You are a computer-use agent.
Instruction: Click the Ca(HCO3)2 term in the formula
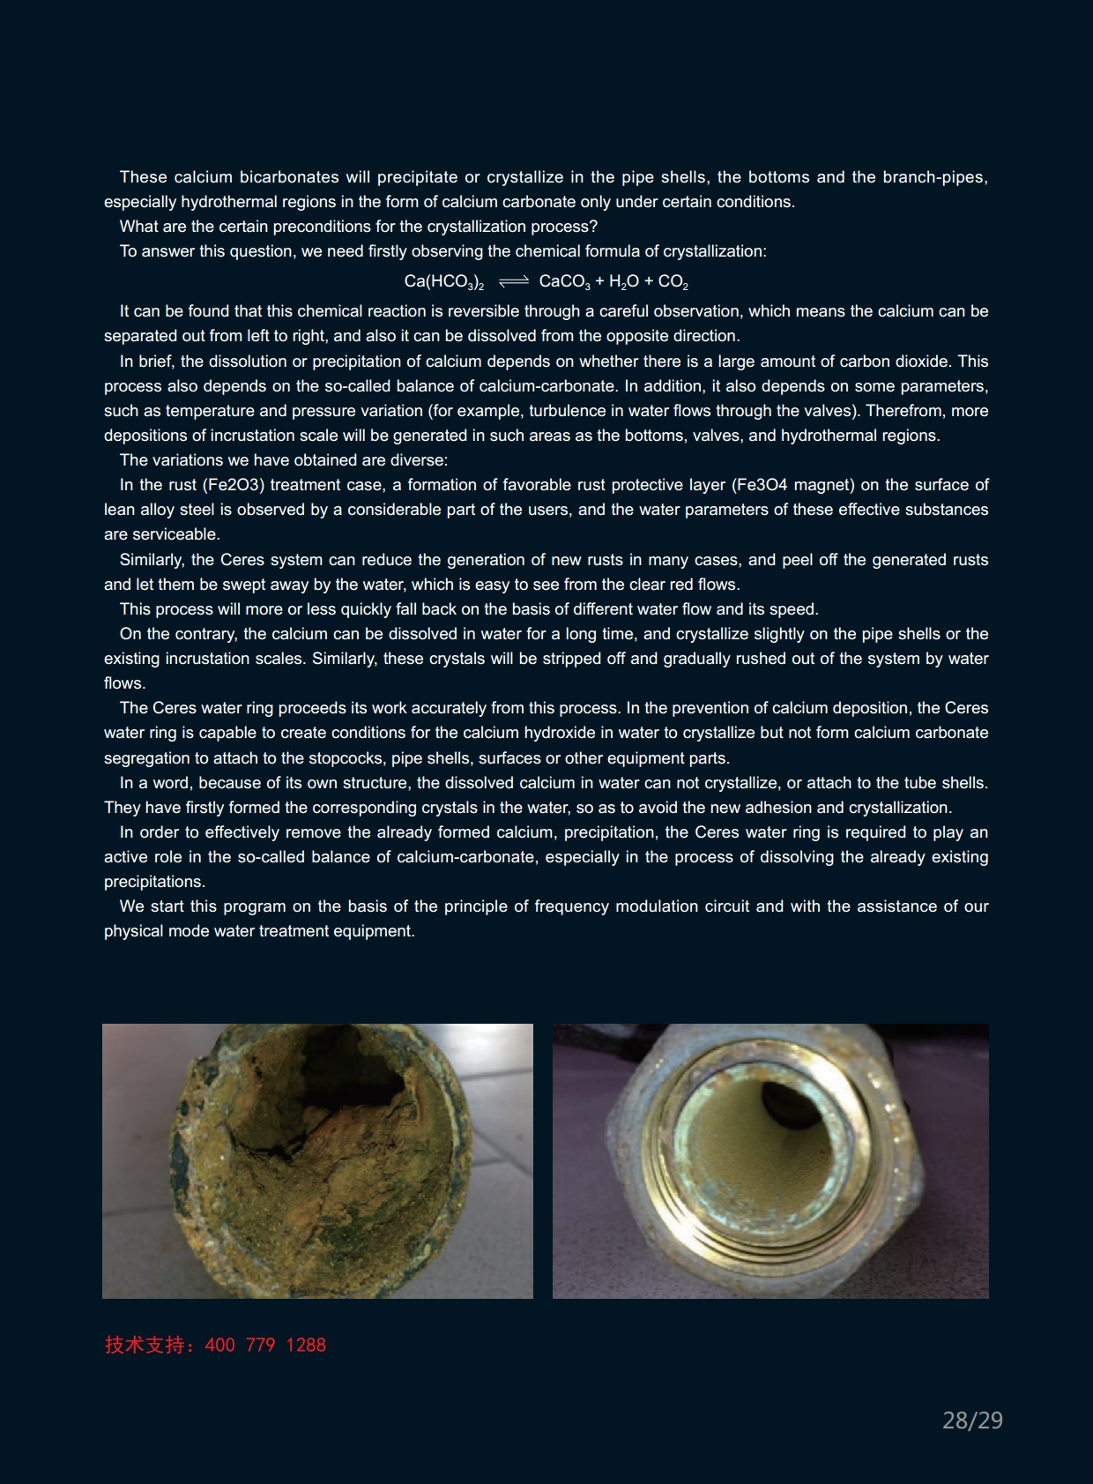443,282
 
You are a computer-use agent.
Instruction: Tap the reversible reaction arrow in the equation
513,281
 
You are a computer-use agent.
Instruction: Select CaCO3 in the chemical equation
564,282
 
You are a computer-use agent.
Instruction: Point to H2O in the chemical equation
623,282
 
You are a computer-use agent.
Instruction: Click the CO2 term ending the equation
673,282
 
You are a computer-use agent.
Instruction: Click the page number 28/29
972,1421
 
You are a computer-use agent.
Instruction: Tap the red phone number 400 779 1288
265,1345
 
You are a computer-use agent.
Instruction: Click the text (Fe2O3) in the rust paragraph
234,485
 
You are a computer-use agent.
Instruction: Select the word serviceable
174,534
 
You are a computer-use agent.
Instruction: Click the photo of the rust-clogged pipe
317,1160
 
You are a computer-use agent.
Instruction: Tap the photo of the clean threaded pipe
770,1160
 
